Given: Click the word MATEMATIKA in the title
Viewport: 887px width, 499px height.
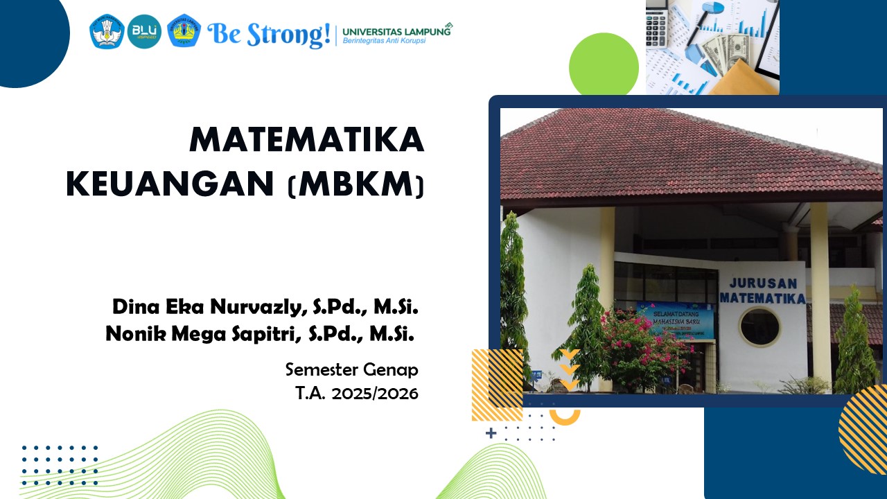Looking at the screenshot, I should coord(306,141).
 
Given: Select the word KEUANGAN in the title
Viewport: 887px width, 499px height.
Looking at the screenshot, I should coord(170,184).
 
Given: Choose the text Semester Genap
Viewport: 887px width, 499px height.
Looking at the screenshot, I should coord(351,369).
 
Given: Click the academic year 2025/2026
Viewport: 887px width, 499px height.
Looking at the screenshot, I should coord(374,394).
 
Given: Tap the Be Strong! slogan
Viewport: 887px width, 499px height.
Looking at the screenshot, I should coord(268,33).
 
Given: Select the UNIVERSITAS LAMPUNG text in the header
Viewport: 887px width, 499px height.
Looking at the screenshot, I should coord(396,30).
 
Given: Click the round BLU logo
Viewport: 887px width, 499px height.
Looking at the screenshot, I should coord(144,32).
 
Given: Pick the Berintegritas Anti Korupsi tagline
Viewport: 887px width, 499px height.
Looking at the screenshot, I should coord(384,41).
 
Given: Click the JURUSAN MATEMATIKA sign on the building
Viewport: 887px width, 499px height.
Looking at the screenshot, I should coord(762,291).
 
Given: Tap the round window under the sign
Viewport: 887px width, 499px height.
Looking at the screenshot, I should coord(759,327).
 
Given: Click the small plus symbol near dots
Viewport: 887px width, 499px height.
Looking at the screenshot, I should coord(491,433).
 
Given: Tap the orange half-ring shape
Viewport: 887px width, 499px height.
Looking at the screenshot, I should coord(564,417).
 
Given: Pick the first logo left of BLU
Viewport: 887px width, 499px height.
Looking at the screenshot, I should coord(107,32).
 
